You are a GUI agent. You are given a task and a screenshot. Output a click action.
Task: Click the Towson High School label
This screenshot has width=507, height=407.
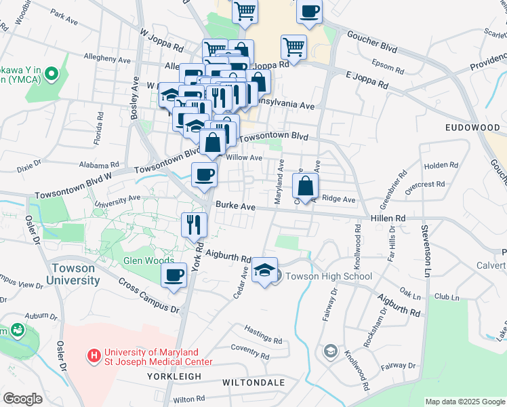pos(328,276)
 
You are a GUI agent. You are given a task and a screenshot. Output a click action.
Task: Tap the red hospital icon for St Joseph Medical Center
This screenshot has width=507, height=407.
pos(94,354)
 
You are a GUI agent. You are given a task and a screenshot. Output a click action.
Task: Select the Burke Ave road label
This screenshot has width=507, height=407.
pos(235,205)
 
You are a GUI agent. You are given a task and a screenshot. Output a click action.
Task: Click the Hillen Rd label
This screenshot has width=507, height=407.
pos(388,218)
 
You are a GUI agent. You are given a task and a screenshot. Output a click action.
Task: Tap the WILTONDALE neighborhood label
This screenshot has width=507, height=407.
pos(254,383)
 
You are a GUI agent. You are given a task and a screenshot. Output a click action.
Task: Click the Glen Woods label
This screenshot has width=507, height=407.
pos(144,260)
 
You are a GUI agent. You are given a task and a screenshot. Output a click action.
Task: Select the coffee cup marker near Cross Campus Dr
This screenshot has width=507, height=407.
pos(174,275)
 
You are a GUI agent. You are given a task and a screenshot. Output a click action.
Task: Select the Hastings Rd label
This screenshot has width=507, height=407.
pos(264,338)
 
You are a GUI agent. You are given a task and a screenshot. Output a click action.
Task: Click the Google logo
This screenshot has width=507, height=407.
pos(23,399)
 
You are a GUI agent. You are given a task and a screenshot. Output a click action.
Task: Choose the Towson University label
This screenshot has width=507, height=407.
pos(75,274)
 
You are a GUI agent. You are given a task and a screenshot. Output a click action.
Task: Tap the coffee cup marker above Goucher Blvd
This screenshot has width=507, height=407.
pos(310,12)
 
